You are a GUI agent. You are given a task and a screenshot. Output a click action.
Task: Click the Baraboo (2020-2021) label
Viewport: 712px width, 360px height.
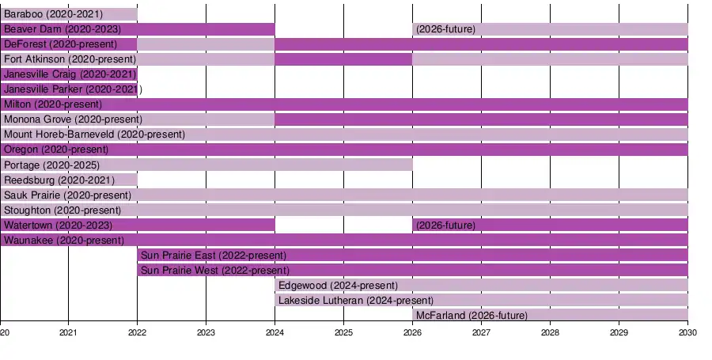coord(53,14)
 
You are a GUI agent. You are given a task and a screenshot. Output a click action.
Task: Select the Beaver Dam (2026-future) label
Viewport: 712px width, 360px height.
coord(445,29)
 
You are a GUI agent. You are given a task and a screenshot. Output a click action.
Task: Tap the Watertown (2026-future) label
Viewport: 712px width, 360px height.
coord(445,225)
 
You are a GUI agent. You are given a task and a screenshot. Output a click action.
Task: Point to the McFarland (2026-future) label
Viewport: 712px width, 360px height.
coord(472,316)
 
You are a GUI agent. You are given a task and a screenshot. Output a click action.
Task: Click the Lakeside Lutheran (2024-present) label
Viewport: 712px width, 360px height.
coord(356,301)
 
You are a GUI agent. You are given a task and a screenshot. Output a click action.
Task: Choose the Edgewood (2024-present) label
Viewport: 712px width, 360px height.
coord(339,286)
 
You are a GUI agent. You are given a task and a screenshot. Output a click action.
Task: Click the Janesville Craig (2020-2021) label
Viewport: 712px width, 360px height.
coord(70,74)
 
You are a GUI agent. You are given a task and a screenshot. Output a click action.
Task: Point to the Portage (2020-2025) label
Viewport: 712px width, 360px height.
coord(52,165)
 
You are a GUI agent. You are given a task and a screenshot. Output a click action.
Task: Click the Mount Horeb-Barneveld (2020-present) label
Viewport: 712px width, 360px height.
coord(94,135)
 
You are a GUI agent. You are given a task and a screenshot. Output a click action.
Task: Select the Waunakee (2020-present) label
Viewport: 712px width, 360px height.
coord(55,241)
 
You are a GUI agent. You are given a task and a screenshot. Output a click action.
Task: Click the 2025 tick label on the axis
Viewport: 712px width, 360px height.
coord(343,332)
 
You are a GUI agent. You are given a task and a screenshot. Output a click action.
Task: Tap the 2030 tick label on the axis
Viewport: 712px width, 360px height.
coord(687,332)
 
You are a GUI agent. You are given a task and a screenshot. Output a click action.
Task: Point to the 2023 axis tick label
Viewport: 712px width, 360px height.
coord(206,332)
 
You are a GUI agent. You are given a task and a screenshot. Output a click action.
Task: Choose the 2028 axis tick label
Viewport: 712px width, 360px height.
coord(550,332)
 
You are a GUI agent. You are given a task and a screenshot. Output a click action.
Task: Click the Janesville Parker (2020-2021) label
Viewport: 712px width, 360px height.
coord(73,89)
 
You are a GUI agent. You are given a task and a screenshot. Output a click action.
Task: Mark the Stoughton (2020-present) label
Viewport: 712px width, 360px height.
coord(62,210)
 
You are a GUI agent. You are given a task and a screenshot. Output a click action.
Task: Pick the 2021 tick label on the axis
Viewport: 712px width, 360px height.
coord(69,332)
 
